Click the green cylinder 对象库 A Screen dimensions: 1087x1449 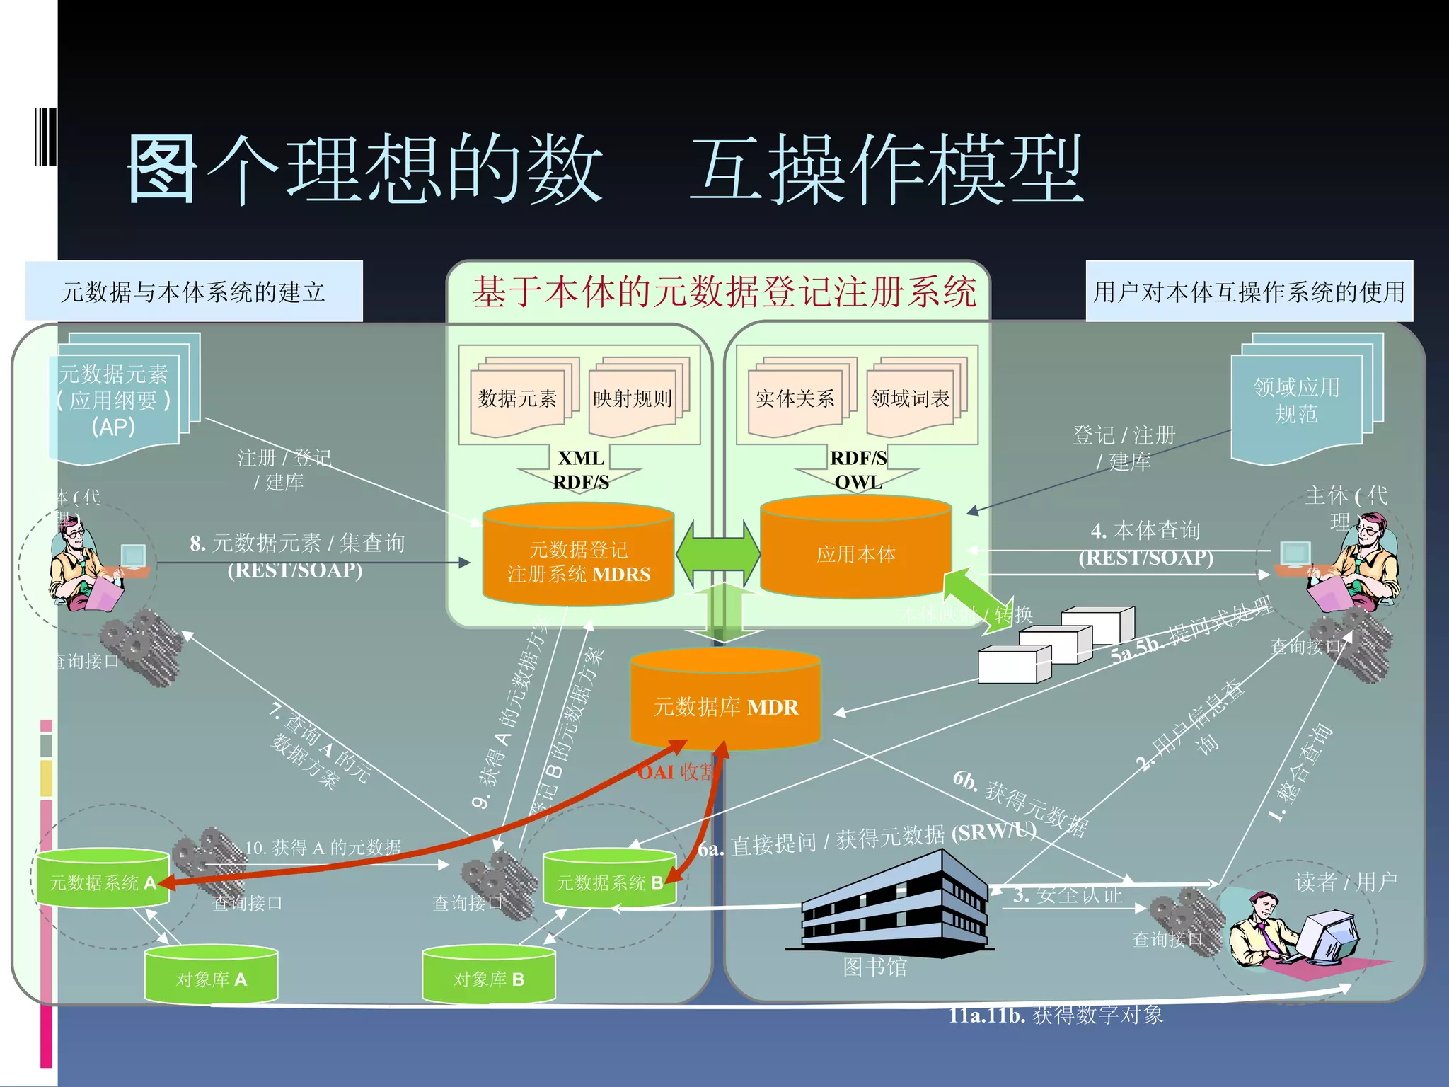click(x=211, y=976)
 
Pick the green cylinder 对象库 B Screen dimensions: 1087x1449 click(x=488, y=976)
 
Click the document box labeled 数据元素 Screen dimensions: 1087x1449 click(x=518, y=399)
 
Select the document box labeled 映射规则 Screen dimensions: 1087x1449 click(x=632, y=399)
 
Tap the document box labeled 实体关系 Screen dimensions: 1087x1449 click(x=795, y=399)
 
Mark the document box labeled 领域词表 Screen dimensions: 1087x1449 click(x=910, y=399)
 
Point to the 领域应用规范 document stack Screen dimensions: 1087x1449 click(x=1298, y=401)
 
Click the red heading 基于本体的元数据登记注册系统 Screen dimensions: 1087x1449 click(x=723, y=292)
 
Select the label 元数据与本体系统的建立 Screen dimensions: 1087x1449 click(x=193, y=292)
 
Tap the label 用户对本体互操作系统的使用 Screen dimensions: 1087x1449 click(x=1249, y=292)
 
